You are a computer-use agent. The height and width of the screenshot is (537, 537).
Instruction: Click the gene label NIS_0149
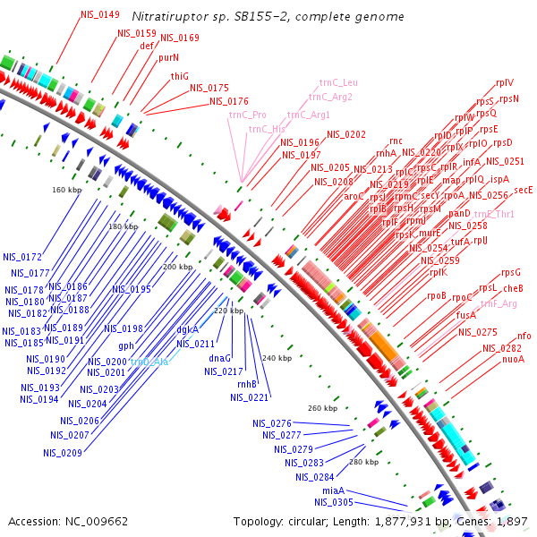pos(99,15)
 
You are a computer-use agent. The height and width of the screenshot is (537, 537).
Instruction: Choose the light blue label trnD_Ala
pos(149,361)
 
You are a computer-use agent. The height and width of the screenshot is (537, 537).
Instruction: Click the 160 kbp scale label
pos(66,190)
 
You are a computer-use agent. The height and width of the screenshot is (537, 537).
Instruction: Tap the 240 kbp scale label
pos(277,358)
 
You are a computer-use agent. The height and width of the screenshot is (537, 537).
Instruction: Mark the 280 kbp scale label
pos(363,462)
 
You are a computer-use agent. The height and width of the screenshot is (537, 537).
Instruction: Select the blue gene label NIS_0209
pos(62,453)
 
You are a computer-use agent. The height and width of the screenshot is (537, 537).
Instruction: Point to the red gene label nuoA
pos(513,359)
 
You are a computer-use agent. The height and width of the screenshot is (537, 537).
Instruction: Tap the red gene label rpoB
pos(436,295)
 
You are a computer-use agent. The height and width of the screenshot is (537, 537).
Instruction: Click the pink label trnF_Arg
pos(499,304)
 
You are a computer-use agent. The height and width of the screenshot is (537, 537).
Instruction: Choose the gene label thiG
pos(180,76)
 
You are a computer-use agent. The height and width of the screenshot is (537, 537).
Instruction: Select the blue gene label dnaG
pos(219,358)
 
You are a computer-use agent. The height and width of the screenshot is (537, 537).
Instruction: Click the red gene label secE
pos(524,190)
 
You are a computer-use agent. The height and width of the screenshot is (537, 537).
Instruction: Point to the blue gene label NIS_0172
pos(22,258)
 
